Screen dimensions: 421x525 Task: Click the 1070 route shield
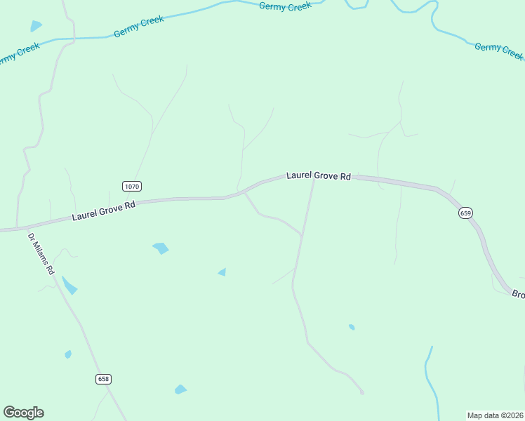click(x=131, y=186)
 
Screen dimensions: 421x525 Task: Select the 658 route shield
click(x=103, y=379)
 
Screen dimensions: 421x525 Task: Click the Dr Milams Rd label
click(x=41, y=253)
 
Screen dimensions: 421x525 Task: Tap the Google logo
click(x=23, y=413)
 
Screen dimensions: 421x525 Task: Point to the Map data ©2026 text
click(x=495, y=415)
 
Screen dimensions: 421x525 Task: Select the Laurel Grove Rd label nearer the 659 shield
click(x=318, y=175)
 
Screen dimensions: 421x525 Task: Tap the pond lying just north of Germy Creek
click(x=36, y=26)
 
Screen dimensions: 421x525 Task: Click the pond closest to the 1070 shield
click(x=161, y=248)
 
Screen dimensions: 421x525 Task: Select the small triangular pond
click(x=222, y=272)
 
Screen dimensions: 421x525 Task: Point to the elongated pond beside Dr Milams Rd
click(x=69, y=285)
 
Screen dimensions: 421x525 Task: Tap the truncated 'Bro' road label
click(x=517, y=295)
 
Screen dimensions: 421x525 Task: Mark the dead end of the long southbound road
click(x=362, y=392)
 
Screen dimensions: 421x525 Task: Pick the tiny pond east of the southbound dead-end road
click(x=352, y=327)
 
